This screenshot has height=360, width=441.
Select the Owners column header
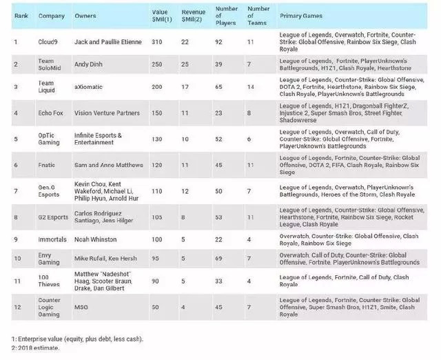coord(85,14)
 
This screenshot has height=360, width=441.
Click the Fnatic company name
coord(47,165)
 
